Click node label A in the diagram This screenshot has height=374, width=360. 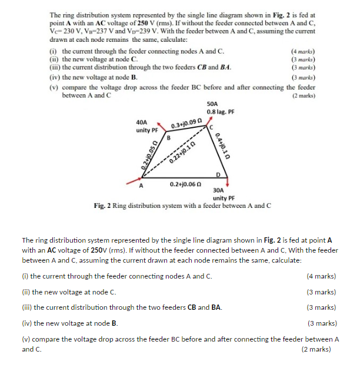coord(141,187)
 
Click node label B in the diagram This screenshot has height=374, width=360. coord(169,138)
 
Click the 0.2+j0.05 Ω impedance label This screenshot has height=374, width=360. coord(139,155)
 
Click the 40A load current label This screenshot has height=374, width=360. coord(141,123)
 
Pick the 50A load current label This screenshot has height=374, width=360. coord(213,103)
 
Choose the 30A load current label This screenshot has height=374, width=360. coord(219,190)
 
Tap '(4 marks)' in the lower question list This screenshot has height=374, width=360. coord(321,276)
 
